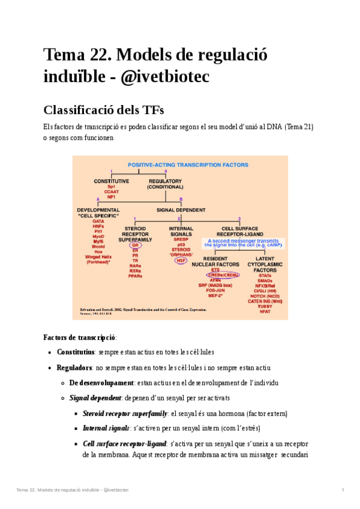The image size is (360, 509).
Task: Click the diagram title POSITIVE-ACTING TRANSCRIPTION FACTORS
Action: point(180,164)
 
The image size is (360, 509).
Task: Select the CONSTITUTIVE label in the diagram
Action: point(111,181)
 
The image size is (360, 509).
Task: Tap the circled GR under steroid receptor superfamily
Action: point(136,245)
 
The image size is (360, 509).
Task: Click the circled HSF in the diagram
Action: point(181,261)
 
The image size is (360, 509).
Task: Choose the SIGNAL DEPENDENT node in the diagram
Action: point(181,210)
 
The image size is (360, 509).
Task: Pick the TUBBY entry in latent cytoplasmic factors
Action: point(265,306)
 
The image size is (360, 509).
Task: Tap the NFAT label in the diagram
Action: point(265,312)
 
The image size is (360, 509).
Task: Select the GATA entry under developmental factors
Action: point(98,221)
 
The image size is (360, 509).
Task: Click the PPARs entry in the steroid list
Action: point(136,276)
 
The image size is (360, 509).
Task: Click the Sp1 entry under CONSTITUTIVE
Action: point(111,187)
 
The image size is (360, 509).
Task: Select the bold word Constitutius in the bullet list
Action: point(76,352)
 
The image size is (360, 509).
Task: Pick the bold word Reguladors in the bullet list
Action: point(74,367)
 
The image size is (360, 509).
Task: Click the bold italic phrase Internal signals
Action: point(105,429)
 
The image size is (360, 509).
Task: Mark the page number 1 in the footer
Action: point(343,490)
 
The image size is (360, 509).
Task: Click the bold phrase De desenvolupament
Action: point(101,382)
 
